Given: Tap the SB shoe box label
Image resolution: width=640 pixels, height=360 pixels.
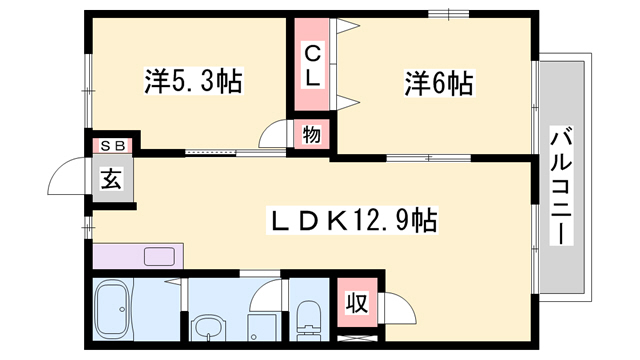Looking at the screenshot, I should click(111, 145).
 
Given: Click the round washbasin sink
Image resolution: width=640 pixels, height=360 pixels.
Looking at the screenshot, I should click(209, 327).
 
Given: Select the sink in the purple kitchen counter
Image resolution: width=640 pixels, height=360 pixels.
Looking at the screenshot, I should click(160, 255).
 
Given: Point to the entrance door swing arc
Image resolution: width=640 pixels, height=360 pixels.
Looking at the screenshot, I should click(65, 176).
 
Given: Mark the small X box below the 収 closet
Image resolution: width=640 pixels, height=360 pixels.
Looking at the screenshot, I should click(355, 341).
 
